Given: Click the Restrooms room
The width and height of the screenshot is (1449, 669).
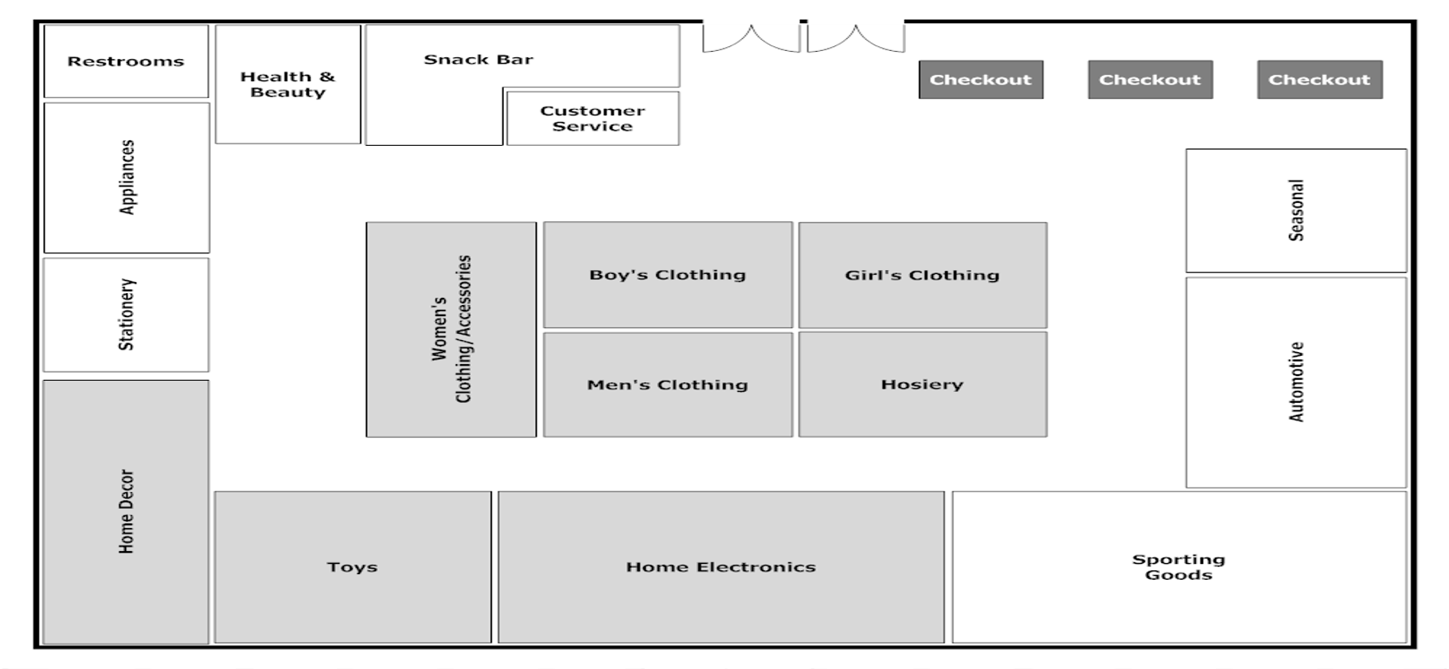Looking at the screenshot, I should (x=126, y=61).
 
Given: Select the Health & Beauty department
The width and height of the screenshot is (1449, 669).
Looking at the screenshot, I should (x=287, y=84).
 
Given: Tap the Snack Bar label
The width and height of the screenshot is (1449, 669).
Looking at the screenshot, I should (x=478, y=60).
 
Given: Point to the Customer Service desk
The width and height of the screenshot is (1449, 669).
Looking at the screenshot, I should (x=592, y=119).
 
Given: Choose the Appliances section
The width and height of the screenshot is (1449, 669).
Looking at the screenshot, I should (x=127, y=178).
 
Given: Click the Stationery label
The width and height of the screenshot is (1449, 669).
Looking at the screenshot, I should (x=127, y=315).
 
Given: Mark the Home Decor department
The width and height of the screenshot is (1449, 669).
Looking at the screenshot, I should (x=126, y=511).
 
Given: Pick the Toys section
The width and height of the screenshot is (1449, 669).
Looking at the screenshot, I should (x=352, y=567).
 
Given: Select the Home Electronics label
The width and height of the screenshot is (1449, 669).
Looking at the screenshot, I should (x=721, y=567).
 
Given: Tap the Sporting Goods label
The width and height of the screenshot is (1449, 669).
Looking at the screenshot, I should (x=1178, y=567).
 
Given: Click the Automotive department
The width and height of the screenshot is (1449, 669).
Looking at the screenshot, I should (x=1296, y=382).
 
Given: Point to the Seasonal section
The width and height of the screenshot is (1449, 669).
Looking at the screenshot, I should (x=1296, y=210).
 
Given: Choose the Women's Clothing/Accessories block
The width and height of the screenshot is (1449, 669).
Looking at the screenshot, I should (x=451, y=329).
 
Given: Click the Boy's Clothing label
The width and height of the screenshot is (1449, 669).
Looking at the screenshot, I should (x=667, y=275).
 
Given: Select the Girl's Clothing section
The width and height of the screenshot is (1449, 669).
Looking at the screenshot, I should (x=922, y=275).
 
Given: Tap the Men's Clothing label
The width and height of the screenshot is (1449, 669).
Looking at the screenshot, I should (x=667, y=385).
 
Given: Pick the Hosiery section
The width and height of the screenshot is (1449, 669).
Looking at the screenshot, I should (x=922, y=385).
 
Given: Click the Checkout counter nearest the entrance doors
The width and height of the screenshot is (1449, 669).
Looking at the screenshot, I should (x=980, y=80).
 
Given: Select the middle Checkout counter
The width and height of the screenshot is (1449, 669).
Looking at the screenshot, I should (x=1150, y=80).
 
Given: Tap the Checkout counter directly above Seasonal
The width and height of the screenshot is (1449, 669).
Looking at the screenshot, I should (x=1319, y=80).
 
